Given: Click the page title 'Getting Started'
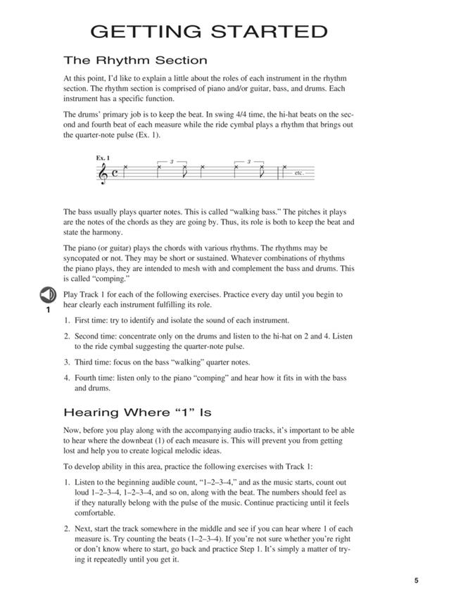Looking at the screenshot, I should (209, 32).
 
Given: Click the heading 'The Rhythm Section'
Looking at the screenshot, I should (135, 61).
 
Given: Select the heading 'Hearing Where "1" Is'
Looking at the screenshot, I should (137, 412).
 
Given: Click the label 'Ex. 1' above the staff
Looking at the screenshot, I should (104, 158).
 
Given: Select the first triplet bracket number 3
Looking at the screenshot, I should (171, 162).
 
